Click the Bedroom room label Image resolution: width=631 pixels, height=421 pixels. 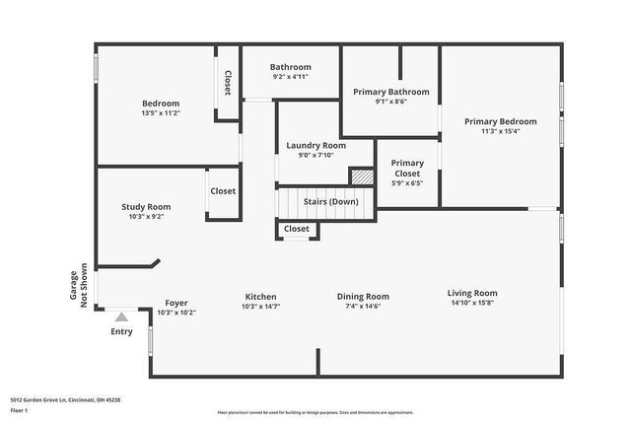161,104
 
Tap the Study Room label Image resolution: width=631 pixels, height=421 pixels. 146,207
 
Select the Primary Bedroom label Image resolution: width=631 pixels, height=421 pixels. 501,121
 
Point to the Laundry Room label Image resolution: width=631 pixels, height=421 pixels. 315,145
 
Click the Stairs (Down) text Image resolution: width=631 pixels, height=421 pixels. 329,201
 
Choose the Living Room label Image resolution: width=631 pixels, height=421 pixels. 472,293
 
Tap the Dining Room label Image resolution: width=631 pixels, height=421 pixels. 363,297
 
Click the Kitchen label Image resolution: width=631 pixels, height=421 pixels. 260,297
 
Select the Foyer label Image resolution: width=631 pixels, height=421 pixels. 176,303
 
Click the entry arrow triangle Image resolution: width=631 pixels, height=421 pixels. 120,317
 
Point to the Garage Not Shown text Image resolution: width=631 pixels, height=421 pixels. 78,285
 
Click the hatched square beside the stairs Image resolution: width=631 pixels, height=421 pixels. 363,175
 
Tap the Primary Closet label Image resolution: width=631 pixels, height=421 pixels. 407,169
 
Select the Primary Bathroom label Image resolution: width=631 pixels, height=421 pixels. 390,92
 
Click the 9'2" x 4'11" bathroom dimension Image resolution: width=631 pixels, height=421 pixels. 291,77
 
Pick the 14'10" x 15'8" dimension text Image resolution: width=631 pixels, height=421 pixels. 472,303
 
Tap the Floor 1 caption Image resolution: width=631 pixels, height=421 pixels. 33,409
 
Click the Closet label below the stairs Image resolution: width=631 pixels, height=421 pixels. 296,229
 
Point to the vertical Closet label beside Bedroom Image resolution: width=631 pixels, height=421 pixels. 228,83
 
